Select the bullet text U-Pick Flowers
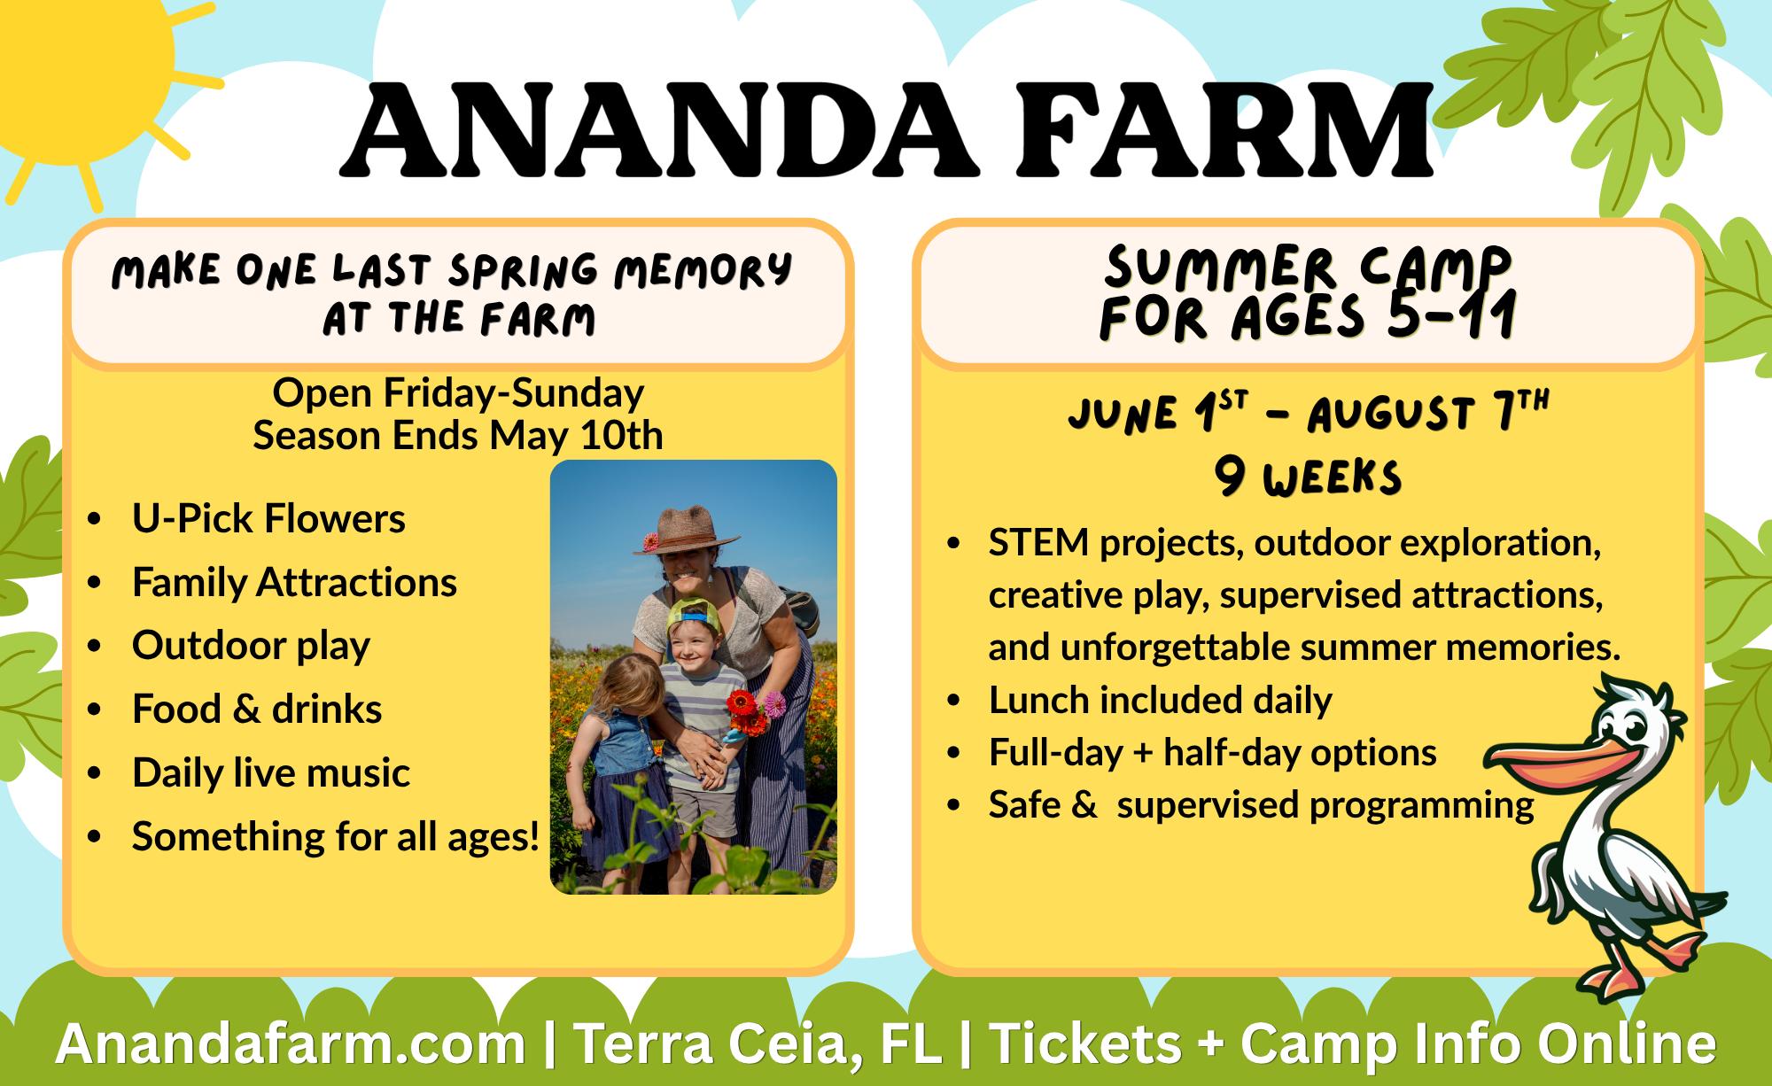tap(268, 518)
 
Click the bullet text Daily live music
tap(271, 772)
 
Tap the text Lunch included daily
tap(1161, 700)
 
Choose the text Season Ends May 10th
tap(458, 435)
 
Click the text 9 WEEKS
tap(1308, 478)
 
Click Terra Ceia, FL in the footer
tap(758, 1044)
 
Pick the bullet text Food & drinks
tap(257, 709)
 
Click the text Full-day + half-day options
tap(1213, 752)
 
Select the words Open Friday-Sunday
tap(458, 392)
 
